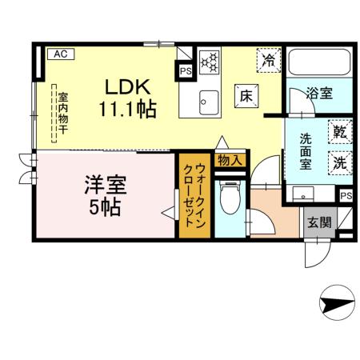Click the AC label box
coord(58,54)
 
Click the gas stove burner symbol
coord(209,60)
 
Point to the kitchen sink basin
coord(208,101)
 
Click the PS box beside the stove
coord(185,70)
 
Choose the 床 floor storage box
coord(245,94)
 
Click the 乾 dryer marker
coord(339,131)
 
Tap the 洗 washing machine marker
coord(339,160)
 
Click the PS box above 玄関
coord(345,195)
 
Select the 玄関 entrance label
coord(318,222)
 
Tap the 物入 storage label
coord(229,160)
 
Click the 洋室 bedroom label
coord(106,186)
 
